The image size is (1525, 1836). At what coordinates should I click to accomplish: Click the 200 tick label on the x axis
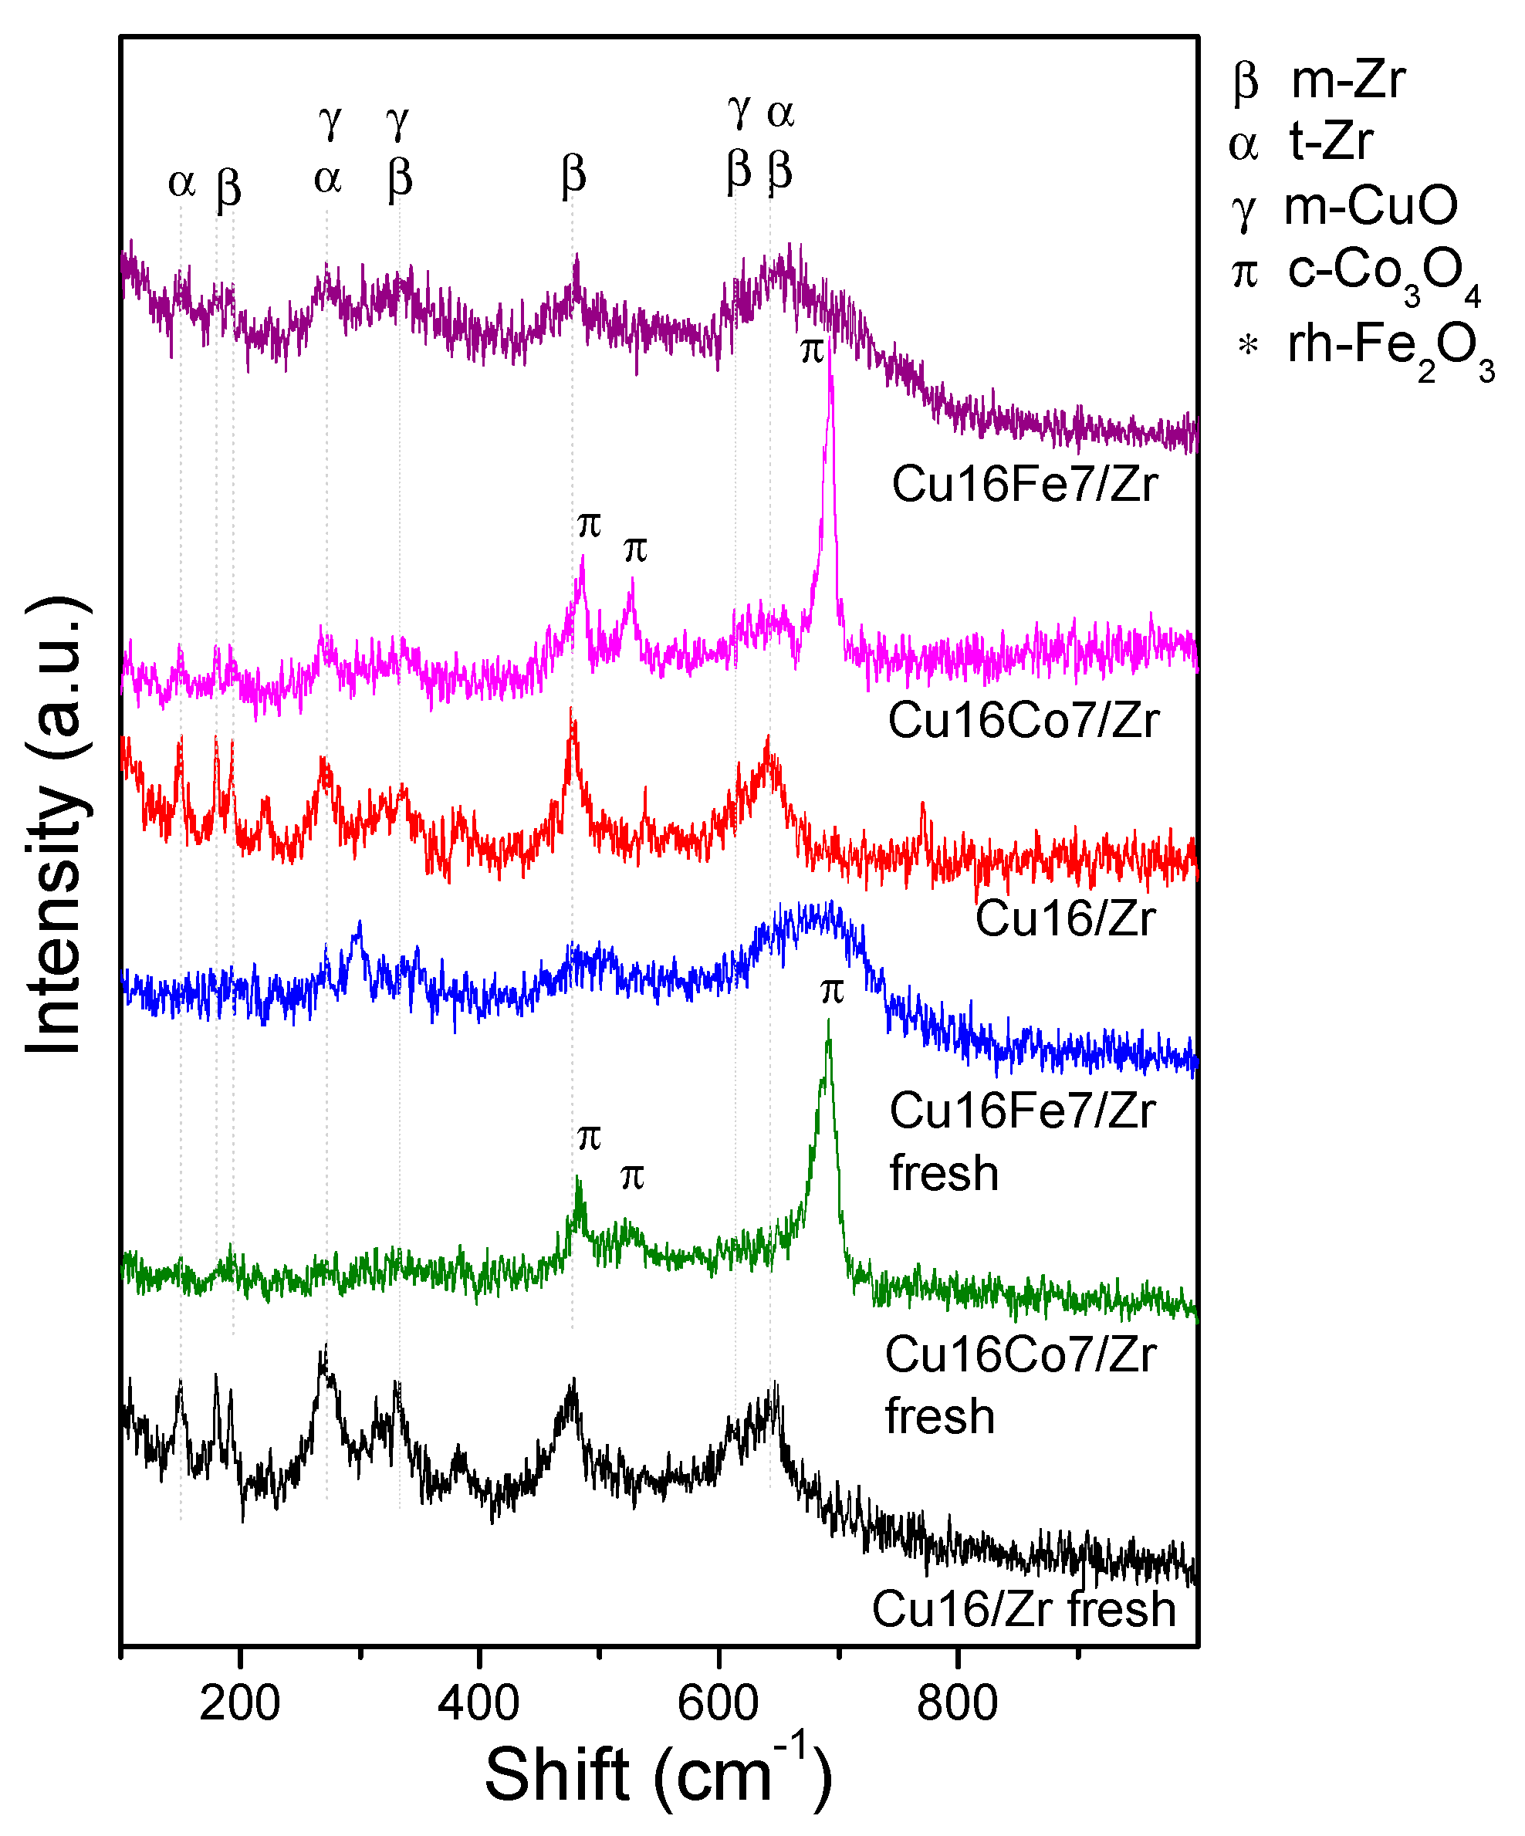click(239, 1702)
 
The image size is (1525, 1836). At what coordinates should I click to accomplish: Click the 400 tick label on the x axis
click(478, 1702)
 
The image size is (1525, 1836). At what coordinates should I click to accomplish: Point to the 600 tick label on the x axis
click(718, 1702)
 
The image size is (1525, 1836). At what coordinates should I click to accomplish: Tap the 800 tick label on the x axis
click(958, 1702)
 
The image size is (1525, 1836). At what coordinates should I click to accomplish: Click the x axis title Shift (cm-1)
click(658, 1775)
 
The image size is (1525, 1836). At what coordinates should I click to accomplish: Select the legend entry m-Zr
click(1347, 80)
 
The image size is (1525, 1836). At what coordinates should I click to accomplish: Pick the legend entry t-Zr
click(1330, 142)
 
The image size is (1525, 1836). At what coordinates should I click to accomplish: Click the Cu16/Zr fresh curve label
click(1024, 1608)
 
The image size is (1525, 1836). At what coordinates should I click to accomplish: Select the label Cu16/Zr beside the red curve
click(1065, 919)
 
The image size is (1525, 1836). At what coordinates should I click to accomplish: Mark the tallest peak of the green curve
click(828, 1022)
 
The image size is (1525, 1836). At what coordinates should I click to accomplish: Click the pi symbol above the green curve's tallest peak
click(832, 992)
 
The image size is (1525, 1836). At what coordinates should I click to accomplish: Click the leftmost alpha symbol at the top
click(181, 183)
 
